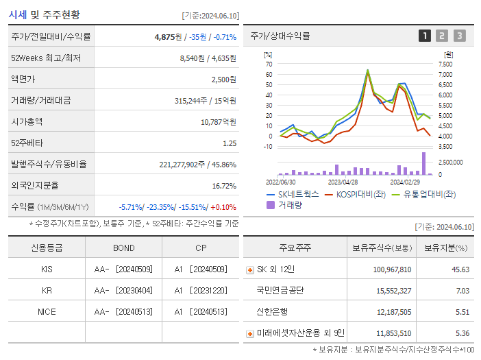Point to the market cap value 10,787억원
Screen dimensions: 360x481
(219, 121)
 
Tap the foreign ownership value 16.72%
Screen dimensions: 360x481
(223, 185)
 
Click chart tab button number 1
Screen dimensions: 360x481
(425, 36)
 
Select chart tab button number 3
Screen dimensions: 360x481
(459, 36)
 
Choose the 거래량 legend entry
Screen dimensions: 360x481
(289, 204)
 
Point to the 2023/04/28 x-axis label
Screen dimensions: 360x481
(343, 182)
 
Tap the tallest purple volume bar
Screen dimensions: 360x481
(423, 163)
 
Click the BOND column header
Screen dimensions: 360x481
(124, 248)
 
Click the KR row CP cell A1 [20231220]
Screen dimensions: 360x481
(200, 290)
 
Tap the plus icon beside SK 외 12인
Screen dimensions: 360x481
(250, 269)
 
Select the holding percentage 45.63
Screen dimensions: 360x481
(460, 269)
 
